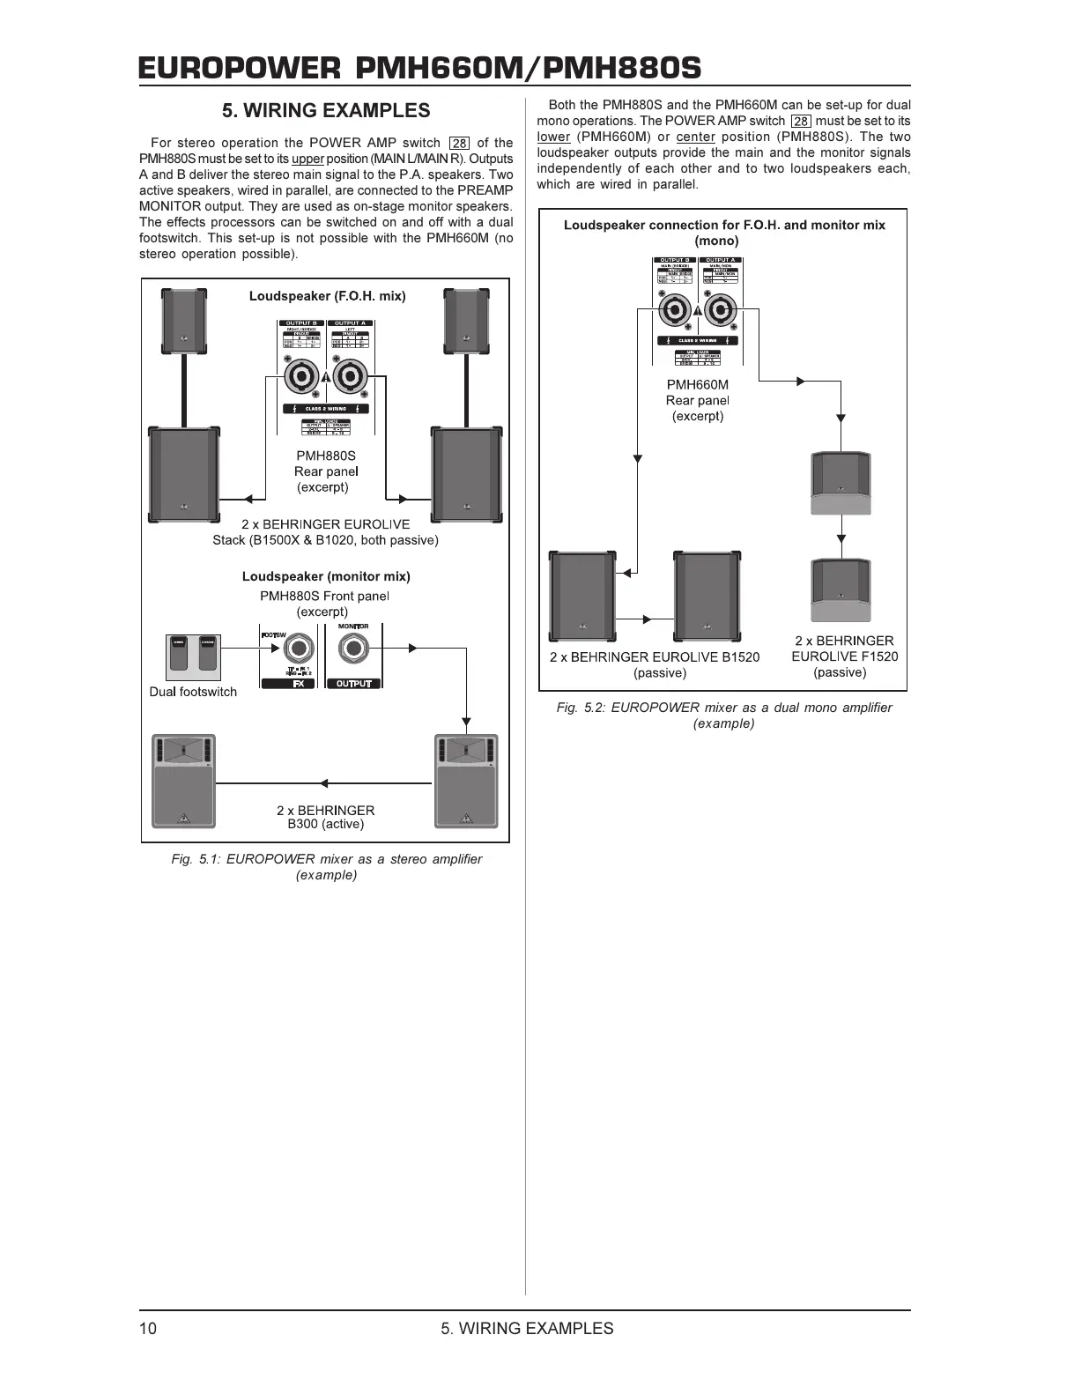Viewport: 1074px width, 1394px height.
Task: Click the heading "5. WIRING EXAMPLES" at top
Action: pyautogui.click(x=326, y=111)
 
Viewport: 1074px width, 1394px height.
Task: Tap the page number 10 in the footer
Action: pyautogui.click(x=148, y=1329)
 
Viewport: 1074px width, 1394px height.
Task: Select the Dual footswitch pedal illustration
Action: pyautogui.click(x=193, y=656)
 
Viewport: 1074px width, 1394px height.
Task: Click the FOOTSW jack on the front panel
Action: pyautogui.click(x=297, y=650)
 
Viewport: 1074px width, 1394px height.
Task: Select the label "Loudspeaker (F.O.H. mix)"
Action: pyautogui.click(x=327, y=296)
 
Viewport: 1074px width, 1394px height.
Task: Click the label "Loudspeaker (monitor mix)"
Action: pyautogui.click(x=326, y=576)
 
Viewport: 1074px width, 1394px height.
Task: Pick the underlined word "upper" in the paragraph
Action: pyautogui.click(x=308, y=159)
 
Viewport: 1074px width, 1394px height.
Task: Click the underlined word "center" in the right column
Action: pyautogui.click(x=695, y=137)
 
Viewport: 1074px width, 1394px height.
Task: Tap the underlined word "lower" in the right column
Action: pyautogui.click(x=553, y=137)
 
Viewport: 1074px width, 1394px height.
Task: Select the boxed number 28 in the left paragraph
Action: pyautogui.click(x=459, y=143)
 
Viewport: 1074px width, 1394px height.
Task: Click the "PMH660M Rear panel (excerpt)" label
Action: pyautogui.click(x=698, y=400)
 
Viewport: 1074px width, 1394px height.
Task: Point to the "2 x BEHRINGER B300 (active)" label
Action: pyautogui.click(x=325, y=817)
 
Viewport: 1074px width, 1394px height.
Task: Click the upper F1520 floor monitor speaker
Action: pyautogui.click(x=841, y=483)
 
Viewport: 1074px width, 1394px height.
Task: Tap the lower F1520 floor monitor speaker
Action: pyautogui.click(x=841, y=589)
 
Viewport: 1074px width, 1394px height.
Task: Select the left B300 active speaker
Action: pyautogui.click(x=183, y=781)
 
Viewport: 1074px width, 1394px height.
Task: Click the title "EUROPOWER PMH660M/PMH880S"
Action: pyautogui.click(x=419, y=68)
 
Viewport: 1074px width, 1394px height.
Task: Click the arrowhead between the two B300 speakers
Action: pyautogui.click(x=324, y=782)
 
